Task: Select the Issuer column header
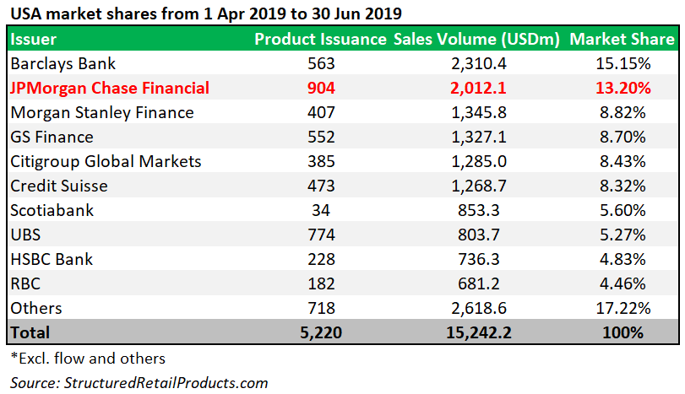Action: pos(34,39)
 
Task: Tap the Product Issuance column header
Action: pos(321,39)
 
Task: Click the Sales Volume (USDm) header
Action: pos(477,39)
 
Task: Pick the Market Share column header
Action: pos(622,39)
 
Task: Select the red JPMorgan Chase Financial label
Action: pos(110,88)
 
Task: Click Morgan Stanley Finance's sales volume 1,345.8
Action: pos(478,112)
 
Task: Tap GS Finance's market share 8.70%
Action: pos(622,137)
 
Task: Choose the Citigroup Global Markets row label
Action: pos(106,161)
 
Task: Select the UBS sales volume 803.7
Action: pos(478,235)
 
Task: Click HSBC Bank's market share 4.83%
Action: pos(622,259)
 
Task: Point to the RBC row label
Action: pos(26,283)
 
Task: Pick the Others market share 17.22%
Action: pos(622,308)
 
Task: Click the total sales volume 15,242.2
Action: pos(478,332)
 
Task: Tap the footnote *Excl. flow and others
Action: pos(87,358)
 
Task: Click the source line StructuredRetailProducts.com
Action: pos(139,382)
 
